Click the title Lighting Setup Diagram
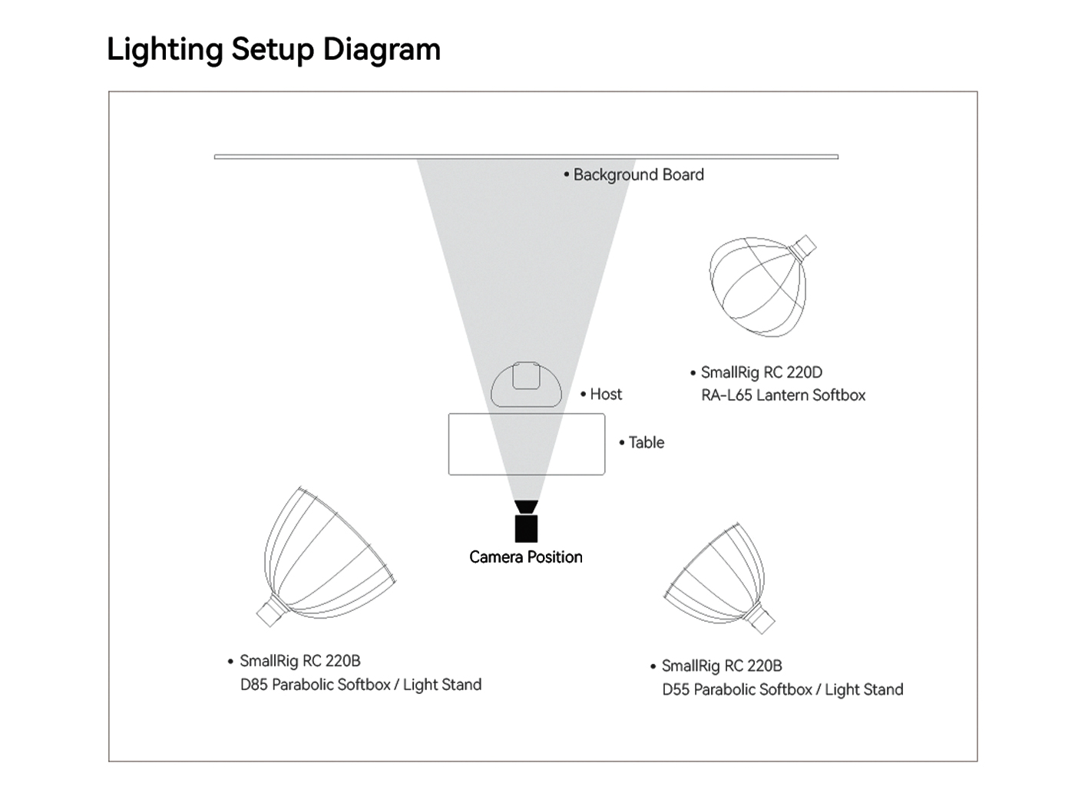tap(274, 50)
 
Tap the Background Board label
tap(639, 175)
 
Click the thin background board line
tap(526, 157)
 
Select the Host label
tap(606, 394)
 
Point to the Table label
tap(647, 442)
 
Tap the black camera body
tap(526, 529)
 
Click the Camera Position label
tap(526, 557)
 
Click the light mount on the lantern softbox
tap(803, 248)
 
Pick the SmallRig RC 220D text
tap(762, 372)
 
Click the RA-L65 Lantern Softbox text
tap(783, 395)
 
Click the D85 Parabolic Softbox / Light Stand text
tap(360, 684)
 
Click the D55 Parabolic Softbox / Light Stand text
tap(782, 689)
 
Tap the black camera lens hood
tap(526, 507)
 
